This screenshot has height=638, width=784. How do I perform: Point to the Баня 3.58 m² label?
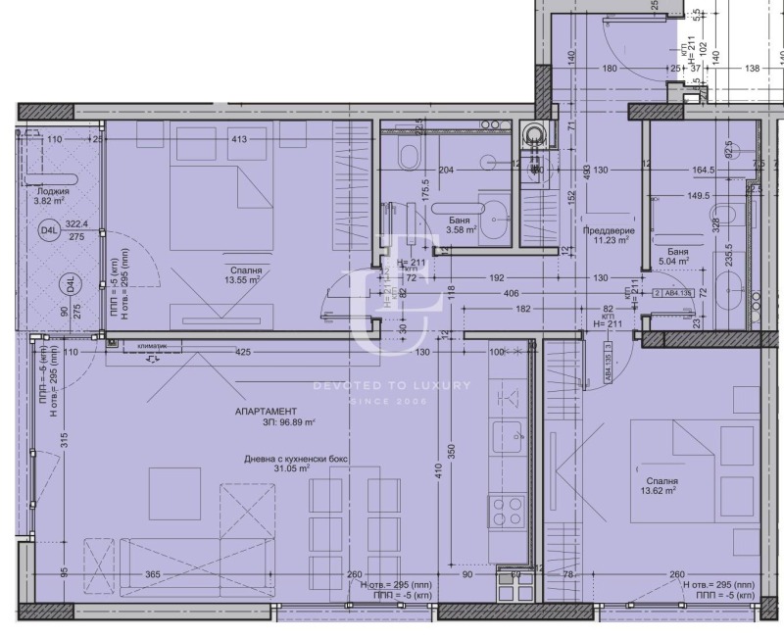click(x=457, y=226)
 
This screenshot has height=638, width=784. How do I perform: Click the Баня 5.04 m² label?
click(x=674, y=257)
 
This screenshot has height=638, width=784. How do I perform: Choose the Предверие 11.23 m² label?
click(x=608, y=237)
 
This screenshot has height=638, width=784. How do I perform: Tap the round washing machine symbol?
click(x=534, y=134)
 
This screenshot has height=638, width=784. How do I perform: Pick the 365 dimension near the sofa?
click(x=152, y=575)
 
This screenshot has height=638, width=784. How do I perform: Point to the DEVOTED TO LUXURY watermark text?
click(x=392, y=385)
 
